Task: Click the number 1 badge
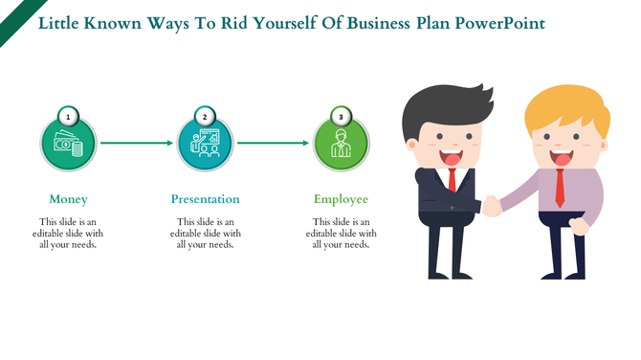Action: [69, 117]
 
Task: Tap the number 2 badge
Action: [205, 117]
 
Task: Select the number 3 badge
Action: [342, 117]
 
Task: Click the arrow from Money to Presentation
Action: [137, 144]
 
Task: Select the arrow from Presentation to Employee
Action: [273, 144]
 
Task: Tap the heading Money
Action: [69, 199]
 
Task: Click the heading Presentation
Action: [205, 199]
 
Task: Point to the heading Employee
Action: [342, 199]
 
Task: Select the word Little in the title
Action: [59, 21]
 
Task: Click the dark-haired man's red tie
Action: [453, 179]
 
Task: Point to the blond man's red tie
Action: [560, 189]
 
